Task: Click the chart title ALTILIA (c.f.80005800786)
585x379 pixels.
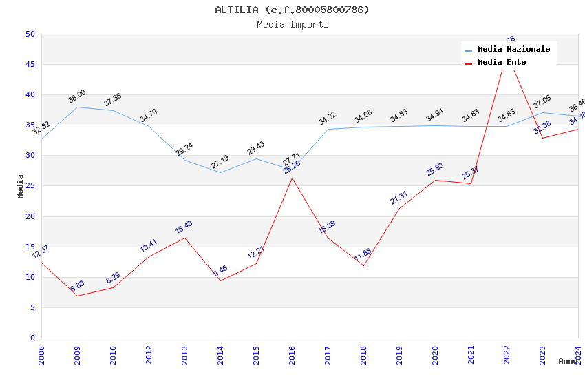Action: (x=292, y=10)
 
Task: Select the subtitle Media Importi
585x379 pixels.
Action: (x=292, y=25)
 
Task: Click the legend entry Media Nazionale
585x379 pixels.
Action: (x=513, y=50)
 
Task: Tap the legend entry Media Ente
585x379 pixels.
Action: (x=502, y=63)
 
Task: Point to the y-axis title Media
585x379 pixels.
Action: (x=21, y=186)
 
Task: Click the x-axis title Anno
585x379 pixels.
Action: (x=568, y=361)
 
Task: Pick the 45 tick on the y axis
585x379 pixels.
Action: (x=30, y=65)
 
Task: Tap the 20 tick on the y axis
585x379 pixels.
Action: (x=30, y=216)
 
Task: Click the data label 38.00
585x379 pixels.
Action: (x=76, y=96)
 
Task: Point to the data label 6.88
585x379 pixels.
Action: (x=77, y=287)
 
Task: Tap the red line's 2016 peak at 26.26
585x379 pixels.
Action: (x=292, y=178)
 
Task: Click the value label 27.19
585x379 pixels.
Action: (x=220, y=162)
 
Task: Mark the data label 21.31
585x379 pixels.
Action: (x=399, y=198)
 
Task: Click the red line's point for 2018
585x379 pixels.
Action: (x=363, y=265)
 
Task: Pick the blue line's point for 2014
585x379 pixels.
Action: (x=220, y=172)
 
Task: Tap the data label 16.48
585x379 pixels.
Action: (x=184, y=227)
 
